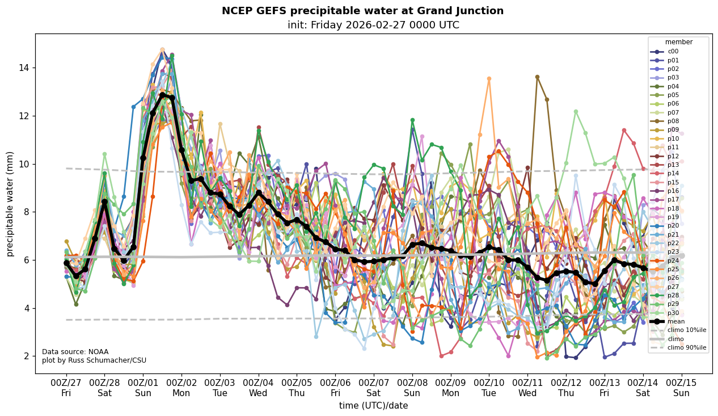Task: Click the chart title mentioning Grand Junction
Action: (x=362, y=11)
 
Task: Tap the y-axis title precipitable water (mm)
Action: (x=10, y=204)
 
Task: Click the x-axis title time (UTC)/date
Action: (x=373, y=405)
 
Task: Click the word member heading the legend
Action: (x=678, y=41)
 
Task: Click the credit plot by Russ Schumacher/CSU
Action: (x=94, y=360)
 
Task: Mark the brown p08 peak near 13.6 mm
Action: (x=537, y=77)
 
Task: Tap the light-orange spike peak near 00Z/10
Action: (x=489, y=79)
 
